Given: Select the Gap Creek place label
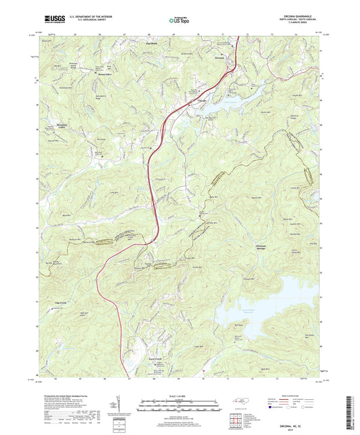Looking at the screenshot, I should point(61,303).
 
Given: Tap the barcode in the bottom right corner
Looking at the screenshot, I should point(351,412).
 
